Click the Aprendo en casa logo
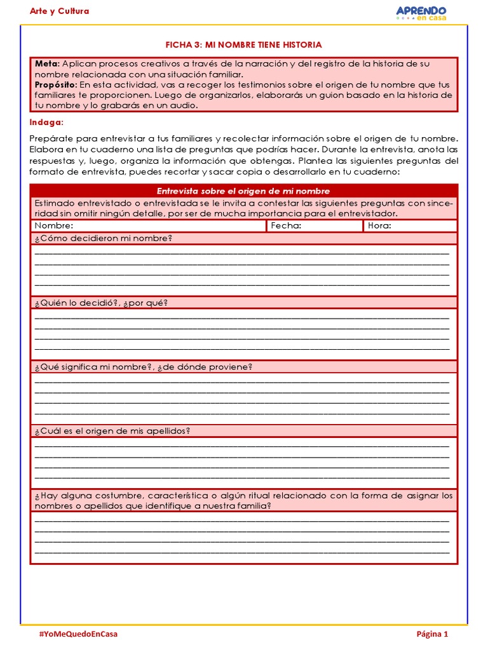click(x=421, y=13)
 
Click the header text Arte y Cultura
click(x=60, y=11)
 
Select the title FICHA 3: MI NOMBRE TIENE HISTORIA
click(x=243, y=45)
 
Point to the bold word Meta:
click(x=48, y=64)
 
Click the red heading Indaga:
click(x=46, y=122)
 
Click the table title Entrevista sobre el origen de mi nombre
click(x=243, y=191)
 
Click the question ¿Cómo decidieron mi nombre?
click(x=104, y=238)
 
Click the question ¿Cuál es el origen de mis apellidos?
click(x=112, y=431)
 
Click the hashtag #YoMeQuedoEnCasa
click(x=78, y=633)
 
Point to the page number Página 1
click(x=432, y=633)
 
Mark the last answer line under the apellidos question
click(x=241, y=477)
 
